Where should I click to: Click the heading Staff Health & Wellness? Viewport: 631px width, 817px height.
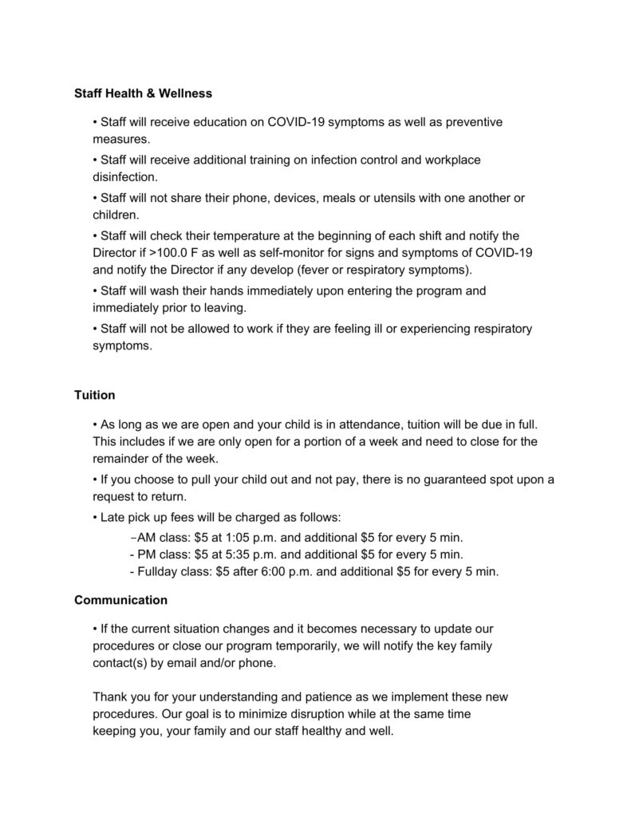[x=143, y=93]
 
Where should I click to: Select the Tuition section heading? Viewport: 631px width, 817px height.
[x=95, y=395]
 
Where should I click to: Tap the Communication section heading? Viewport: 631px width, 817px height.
[x=120, y=599]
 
